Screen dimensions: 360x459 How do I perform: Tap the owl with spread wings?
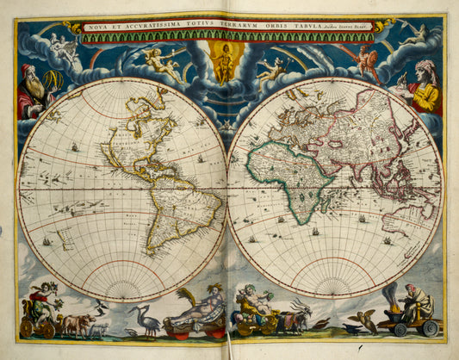coord(368,320)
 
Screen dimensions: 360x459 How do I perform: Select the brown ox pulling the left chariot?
coord(75,324)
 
